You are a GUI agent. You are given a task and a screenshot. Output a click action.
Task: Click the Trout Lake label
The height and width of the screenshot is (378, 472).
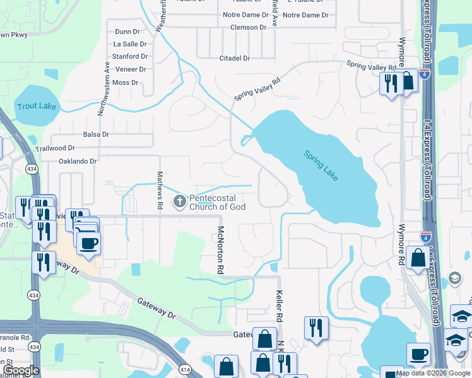[37, 106]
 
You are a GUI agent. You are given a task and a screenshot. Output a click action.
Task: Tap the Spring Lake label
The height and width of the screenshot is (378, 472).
[321, 166]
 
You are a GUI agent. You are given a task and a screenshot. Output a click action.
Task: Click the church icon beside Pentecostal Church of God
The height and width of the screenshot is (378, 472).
[180, 202]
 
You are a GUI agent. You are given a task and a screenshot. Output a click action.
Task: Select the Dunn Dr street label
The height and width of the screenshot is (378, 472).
[127, 31]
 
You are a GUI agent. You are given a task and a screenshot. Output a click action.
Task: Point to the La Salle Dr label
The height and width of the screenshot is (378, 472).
[130, 44]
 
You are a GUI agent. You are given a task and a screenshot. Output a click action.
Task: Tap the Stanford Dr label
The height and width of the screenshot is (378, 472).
[129, 57]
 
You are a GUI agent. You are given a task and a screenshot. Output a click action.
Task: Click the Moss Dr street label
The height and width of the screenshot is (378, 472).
[125, 83]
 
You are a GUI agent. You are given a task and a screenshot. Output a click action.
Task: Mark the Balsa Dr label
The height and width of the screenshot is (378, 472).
[96, 134]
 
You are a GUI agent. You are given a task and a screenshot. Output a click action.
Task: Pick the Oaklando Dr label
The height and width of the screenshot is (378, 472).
[78, 161]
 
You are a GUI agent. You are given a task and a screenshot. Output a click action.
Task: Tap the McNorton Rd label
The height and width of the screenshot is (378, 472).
[221, 250]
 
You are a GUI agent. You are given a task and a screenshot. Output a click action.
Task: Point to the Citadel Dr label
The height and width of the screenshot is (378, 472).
[234, 58]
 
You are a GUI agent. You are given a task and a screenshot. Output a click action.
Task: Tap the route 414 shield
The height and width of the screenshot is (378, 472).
[184, 369]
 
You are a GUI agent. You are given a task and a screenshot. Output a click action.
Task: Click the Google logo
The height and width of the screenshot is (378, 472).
[20, 370]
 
